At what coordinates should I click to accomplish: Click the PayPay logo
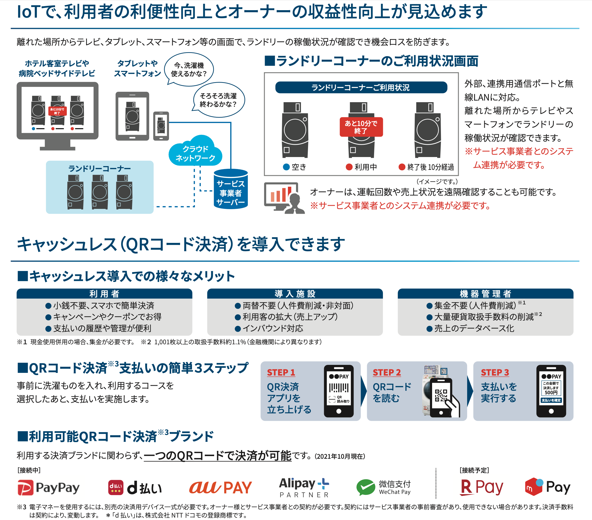pyautogui.click(x=48, y=488)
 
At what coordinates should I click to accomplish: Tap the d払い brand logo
pyautogui.click(x=135, y=488)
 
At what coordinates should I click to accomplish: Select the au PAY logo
pyautogui.click(x=220, y=488)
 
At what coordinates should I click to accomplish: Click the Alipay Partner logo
pyautogui.click(x=304, y=487)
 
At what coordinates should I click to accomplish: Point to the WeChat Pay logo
pyautogui.click(x=383, y=487)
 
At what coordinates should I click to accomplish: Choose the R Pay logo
pyautogui.click(x=481, y=487)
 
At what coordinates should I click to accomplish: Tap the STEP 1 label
pyautogui.click(x=281, y=372)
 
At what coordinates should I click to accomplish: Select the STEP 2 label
pyautogui.click(x=387, y=372)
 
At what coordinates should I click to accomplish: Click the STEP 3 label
pyautogui.click(x=495, y=372)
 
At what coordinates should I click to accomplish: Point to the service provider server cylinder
pyautogui.click(x=230, y=189)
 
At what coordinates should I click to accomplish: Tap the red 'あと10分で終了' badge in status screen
pyautogui.click(x=361, y=127)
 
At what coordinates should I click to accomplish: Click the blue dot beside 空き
pyautogui.click(x=286, y=167)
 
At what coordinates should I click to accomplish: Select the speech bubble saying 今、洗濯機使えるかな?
pyautogui.click(x=189, y=70)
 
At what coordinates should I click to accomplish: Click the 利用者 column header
pyautogui.click(x=104, y=294)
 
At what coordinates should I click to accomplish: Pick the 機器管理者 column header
pyautogui.click(x=485, y=294)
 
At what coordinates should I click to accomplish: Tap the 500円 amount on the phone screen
pyautogui.click(x=551, y=392)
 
